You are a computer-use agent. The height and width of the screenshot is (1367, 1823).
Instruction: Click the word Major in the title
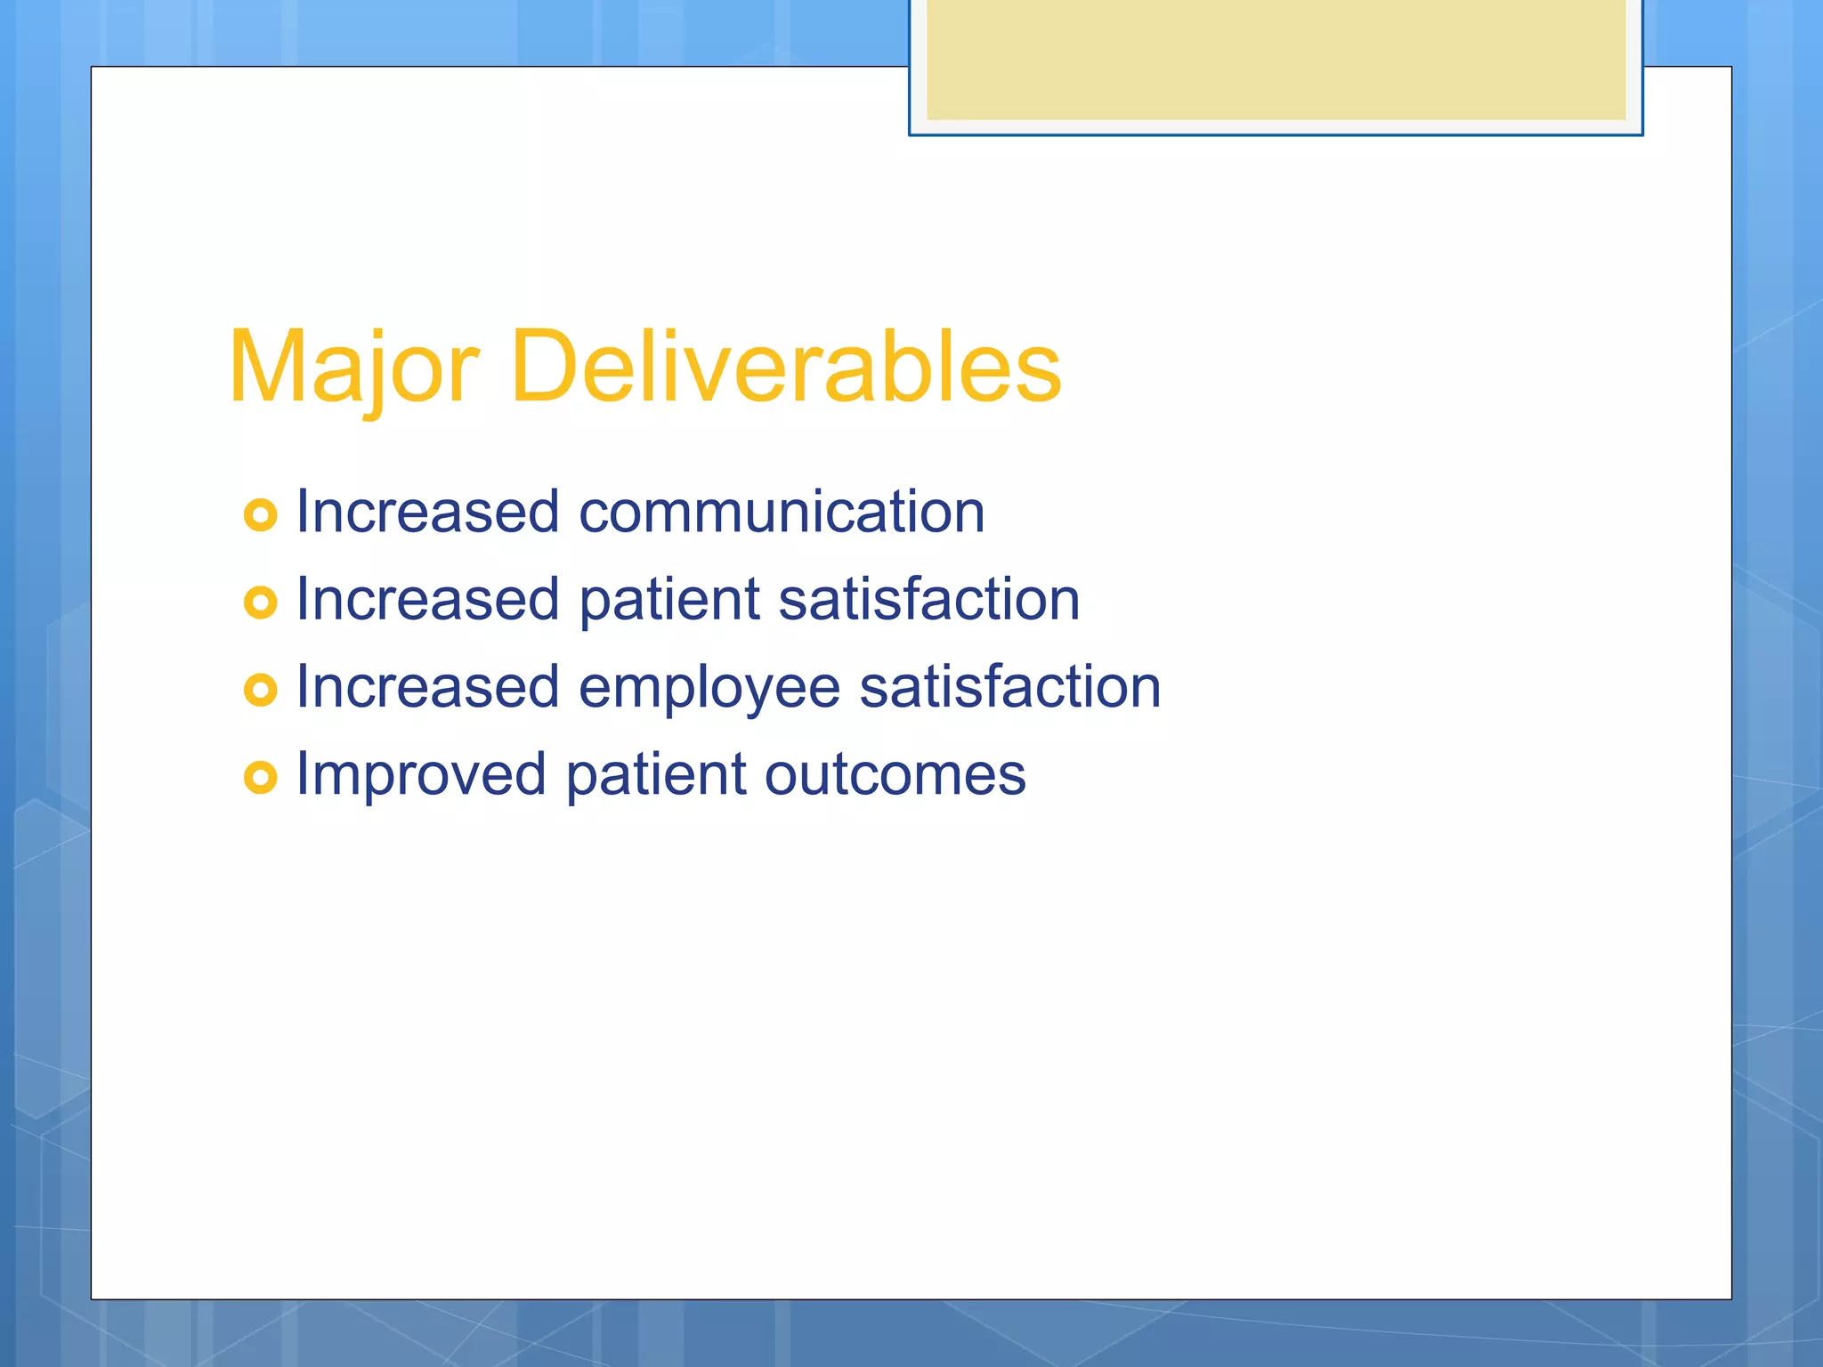[353, 368]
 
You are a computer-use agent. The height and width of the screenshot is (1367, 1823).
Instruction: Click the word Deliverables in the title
[787, 368]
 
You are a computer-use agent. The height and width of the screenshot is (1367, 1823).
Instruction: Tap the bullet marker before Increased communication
[260, 514]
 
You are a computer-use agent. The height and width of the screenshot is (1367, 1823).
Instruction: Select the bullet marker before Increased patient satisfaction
[260, 603]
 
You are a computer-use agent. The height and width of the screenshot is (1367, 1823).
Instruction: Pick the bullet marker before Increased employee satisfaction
[260, 690]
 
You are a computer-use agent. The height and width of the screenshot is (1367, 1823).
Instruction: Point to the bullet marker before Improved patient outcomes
[260, 777]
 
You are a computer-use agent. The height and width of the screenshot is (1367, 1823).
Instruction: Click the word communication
[782, 513]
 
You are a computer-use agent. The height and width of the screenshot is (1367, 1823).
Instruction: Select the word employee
[709, 689]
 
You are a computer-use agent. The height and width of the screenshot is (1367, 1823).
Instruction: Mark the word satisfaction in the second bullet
[928, 600]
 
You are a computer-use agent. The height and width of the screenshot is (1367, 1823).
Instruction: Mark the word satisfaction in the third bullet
[1010, 688]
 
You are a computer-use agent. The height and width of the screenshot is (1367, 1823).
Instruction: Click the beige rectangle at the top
[1276, 61]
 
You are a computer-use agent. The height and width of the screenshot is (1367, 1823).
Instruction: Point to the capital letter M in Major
[265, 368]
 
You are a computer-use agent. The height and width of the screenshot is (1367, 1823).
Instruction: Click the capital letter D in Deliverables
[543, 368]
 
